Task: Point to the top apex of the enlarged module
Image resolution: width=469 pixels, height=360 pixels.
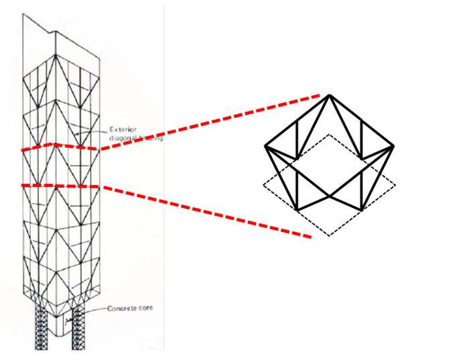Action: (329, 95)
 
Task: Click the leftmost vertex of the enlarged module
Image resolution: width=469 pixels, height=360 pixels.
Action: (265, 146)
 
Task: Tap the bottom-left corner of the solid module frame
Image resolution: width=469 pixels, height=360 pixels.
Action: (297, 210)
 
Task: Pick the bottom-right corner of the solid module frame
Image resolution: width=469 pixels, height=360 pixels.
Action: (361, 210)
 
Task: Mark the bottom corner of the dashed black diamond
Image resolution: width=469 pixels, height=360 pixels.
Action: (329, 235)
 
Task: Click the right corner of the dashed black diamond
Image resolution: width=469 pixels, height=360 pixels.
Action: (395, 185)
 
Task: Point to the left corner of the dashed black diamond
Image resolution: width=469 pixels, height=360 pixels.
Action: (263, 185)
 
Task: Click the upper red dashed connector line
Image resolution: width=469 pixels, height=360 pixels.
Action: (214, 121)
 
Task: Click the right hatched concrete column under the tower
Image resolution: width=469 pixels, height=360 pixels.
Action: (81, 328)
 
